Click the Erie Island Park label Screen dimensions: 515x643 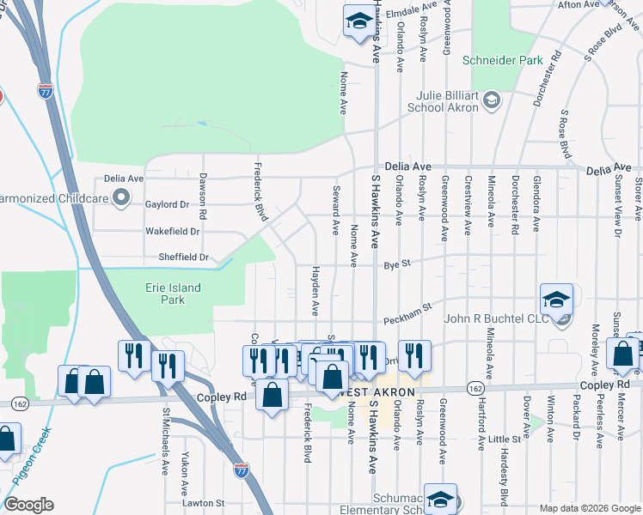(173, 294)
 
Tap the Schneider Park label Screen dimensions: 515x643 (503, 60)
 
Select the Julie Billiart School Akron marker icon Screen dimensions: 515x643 (491, 100)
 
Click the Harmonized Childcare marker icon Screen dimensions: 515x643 (122, 199)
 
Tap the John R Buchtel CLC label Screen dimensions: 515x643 (494, 319)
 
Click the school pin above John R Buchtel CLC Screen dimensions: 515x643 (556, 300)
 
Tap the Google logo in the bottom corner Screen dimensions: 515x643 (28, 505)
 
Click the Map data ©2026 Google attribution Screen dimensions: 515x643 (589, 508)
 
